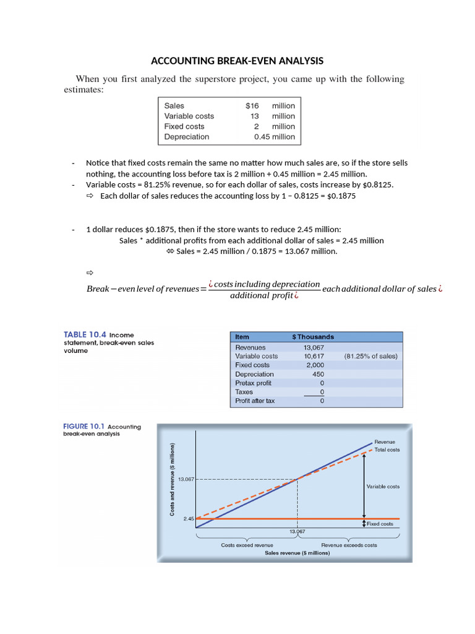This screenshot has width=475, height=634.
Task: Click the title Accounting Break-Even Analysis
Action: [x=237, y=61]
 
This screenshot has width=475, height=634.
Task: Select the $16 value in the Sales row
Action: [x=252, y=106]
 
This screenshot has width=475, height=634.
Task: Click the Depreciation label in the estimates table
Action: [x=187, y=137]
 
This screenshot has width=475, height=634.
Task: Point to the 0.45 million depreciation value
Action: [x=274, y=137]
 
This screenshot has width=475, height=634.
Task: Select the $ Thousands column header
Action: [x=312, y=337]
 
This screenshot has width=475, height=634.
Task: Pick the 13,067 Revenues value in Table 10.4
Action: [x=314, y=347]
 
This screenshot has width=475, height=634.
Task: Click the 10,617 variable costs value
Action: [x=313, y=357]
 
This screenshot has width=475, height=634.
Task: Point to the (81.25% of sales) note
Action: [x=370, y=357]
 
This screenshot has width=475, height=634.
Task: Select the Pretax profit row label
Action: [x=254, y=383]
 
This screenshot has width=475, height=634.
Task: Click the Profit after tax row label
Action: [x=255, y=401]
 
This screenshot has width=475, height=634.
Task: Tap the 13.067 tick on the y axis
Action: [x=186, y=479]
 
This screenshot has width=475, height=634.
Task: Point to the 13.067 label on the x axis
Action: [x=298, y=531]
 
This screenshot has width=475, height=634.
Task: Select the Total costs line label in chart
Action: [x=388, y=450]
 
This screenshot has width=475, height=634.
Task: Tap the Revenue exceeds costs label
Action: [x=349, y=545]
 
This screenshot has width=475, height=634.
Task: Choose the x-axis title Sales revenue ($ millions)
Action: [x=297, y=554]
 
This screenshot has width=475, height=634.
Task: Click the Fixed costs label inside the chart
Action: [x=380, y=524]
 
